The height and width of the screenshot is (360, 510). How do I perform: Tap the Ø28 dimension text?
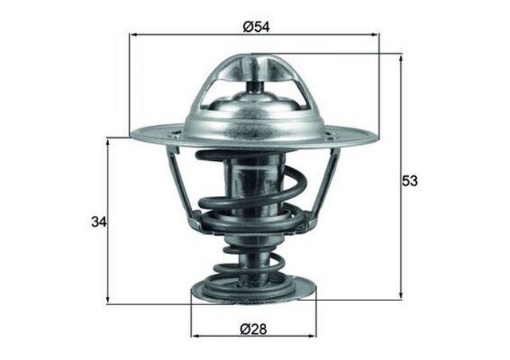254,328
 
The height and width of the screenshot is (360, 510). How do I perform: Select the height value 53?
410,181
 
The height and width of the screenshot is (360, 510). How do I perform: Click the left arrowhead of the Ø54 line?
132,35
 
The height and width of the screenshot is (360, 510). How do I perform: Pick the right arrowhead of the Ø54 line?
375,35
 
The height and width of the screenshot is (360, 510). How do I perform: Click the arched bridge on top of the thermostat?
253,67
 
